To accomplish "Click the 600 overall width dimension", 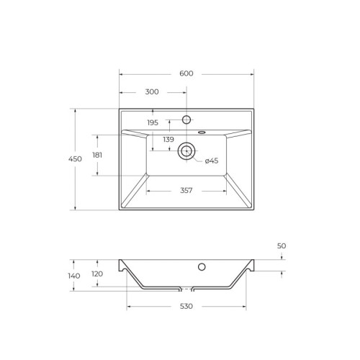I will (186, 73).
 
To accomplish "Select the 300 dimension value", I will (152, 92).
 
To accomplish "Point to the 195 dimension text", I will (153, 122).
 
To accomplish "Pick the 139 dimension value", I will (168, 139).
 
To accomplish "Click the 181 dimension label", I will (98, 155).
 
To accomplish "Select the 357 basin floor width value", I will (186, 191).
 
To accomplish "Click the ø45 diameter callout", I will (212, 161).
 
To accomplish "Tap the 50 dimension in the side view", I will (282, 246).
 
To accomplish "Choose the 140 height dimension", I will (74, 276).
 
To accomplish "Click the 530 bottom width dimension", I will (186, 307).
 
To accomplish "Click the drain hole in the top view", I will (186, 150).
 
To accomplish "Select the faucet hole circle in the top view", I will (186, 120).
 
